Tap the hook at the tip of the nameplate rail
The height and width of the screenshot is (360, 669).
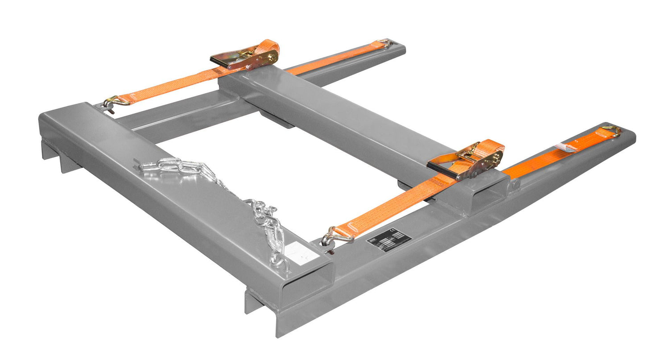tap(612, 130)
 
